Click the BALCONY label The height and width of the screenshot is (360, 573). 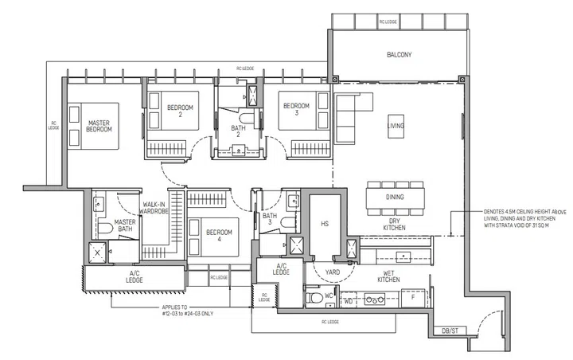400,55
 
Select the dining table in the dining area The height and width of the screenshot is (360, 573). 395,197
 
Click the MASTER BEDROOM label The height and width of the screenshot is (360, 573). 99,125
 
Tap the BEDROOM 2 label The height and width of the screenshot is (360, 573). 180,110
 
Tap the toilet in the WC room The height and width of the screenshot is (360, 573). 314,299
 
